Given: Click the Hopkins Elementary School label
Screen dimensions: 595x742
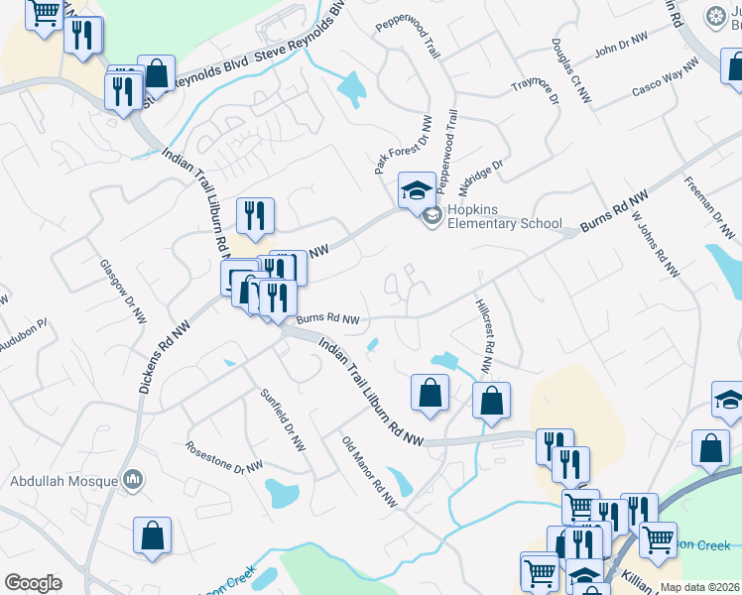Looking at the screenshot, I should (x=505, y=216).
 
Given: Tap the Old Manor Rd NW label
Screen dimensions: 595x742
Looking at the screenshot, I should (x=369, y=472).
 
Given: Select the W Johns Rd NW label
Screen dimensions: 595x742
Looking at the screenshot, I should (x=657, y=243).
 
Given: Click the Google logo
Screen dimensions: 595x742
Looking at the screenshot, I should (x=33, y=583).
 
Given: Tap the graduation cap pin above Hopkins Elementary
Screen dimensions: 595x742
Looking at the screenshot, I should (x=418, y=187).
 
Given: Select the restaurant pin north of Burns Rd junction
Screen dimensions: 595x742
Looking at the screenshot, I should (x=255, y=214).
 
